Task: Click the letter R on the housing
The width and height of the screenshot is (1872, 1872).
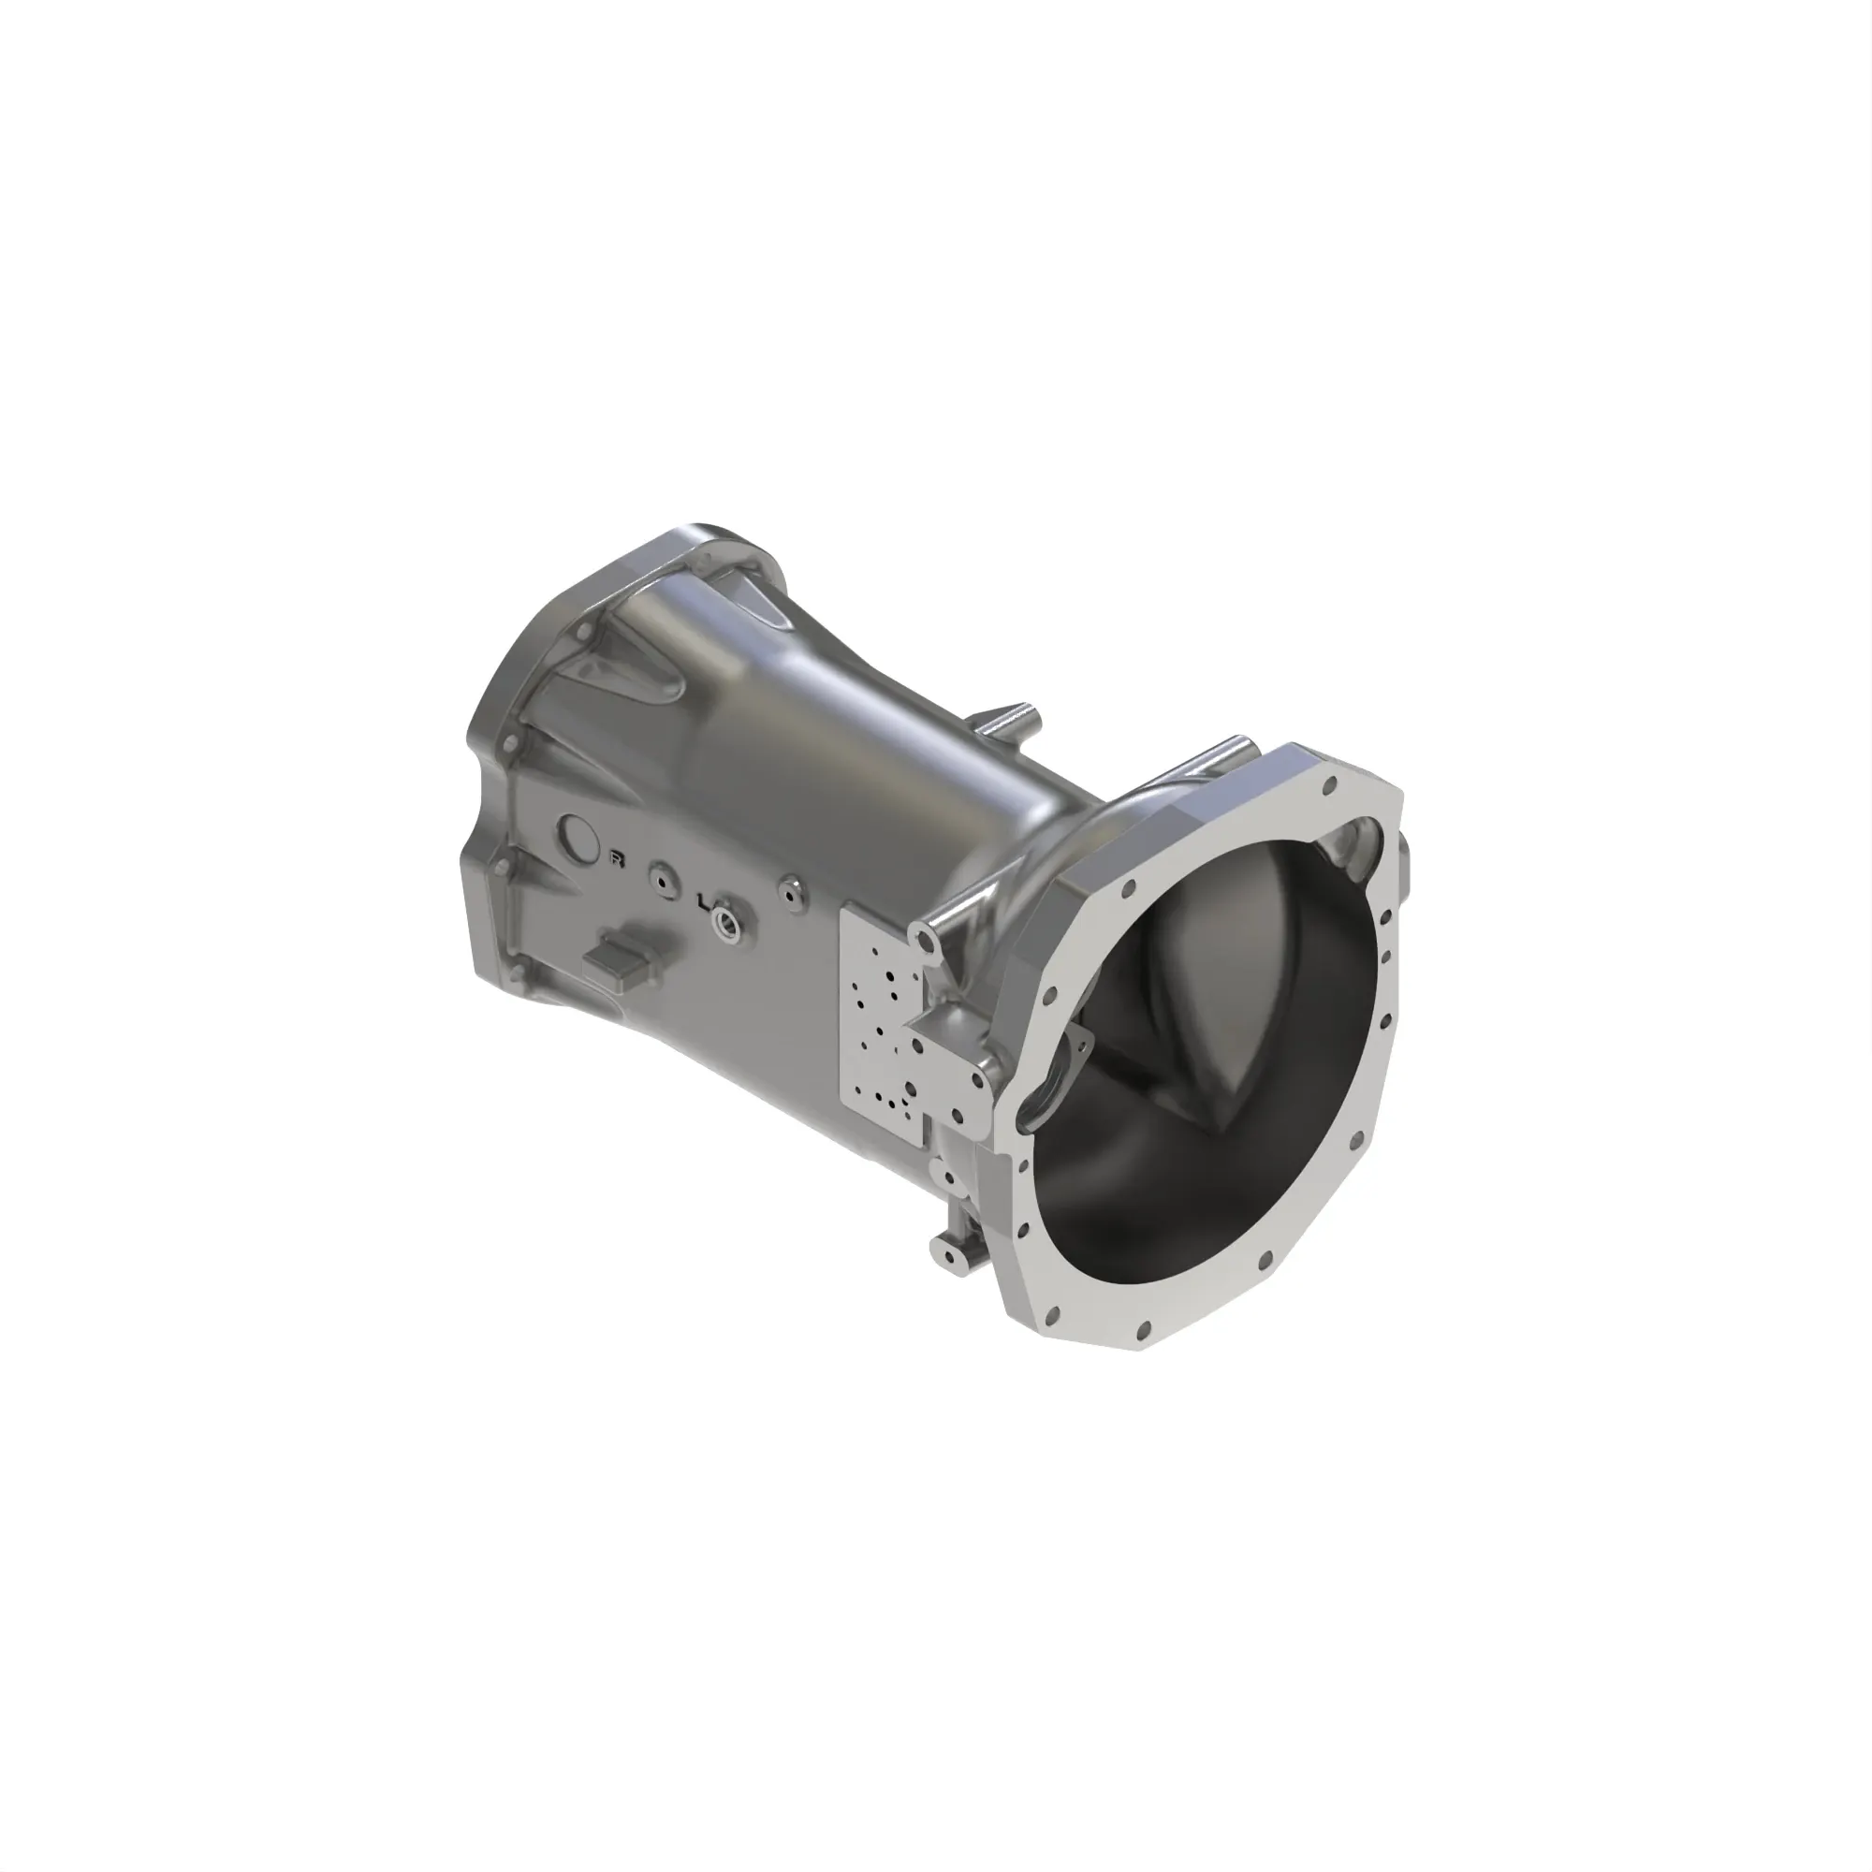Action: [x=615, y=856]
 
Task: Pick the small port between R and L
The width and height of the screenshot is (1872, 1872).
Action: [x=663, y=881]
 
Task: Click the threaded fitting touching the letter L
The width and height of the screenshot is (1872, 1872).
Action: [x=724, y=917]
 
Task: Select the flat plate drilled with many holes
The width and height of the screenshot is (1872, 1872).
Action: [x=886, y=1017]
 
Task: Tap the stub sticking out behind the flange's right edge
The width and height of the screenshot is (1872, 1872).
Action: [x=1407, y=877]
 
